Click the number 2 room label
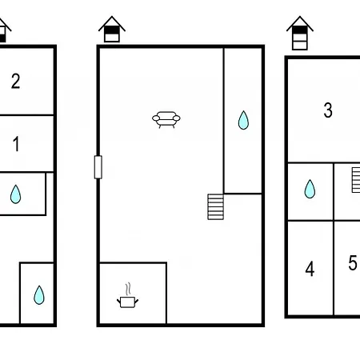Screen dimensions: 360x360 (x=16, y=81)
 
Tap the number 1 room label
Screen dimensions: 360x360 (x=16, y=144)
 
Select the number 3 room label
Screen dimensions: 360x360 (x=328, y=110)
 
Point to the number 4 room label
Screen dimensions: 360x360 (x=310, y=269)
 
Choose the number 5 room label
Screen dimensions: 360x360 (x=353, y=262)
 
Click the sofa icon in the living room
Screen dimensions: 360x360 (x=166, y=119)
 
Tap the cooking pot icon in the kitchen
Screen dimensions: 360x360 (x=128, y=302)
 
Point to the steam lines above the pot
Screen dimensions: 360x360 (x=128, y=289)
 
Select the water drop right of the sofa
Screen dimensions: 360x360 (x=243, y=120)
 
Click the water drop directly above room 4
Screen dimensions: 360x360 (x=310, y=189)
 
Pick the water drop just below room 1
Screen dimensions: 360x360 (x=15, y=194)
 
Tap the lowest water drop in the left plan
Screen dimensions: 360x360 (x=39, y=295)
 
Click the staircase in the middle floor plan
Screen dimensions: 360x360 (x=215, y=206)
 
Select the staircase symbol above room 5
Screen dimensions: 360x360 (x=356, y=180)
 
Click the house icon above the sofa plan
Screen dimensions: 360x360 (x=112, y=29)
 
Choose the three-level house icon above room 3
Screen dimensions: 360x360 (x=300, y=33)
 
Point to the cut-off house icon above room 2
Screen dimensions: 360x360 (x=5, y=30)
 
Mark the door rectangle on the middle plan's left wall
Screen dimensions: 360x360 (x=98, y=167)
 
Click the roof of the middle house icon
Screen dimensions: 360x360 (x=112, y=23)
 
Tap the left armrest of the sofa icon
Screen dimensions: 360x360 (x=156, y=118)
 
